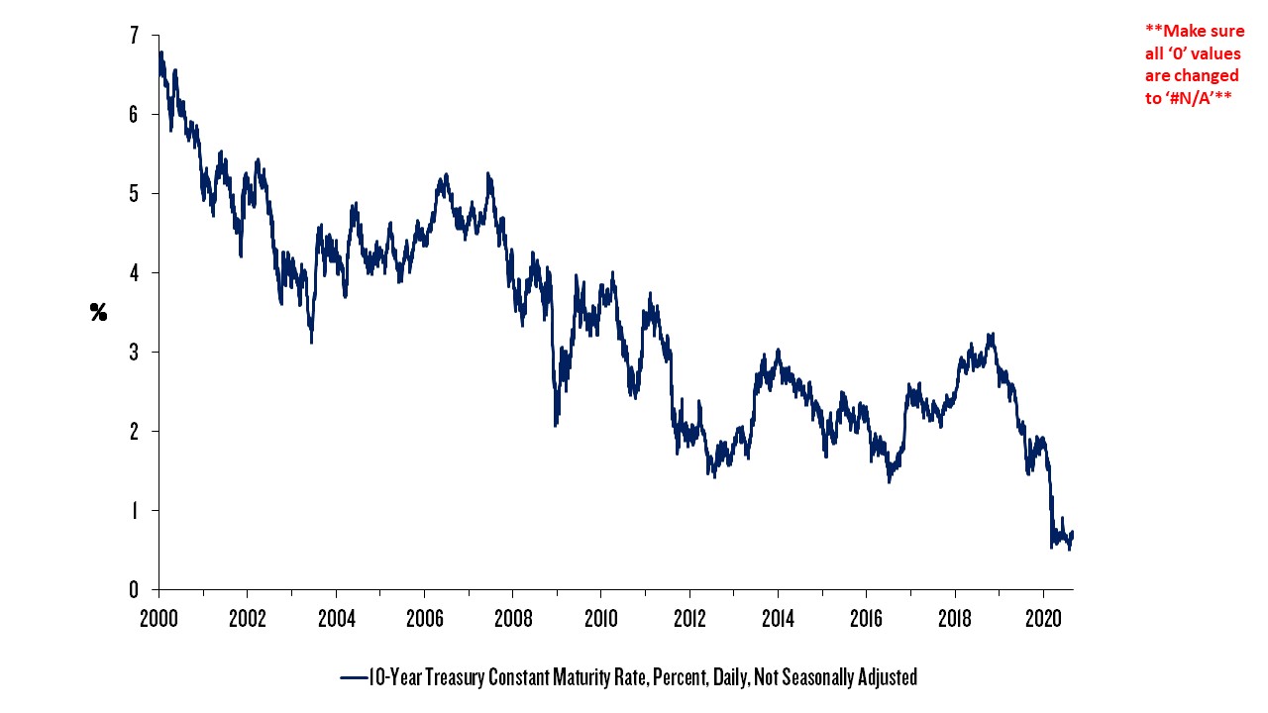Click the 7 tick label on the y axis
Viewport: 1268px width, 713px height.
point(133,36)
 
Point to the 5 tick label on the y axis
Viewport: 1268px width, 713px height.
point(133,194)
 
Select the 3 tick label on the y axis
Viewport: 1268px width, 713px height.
point(133,353)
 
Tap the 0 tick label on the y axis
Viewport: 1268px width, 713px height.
point(133,590)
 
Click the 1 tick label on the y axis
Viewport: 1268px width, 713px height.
point(133,511)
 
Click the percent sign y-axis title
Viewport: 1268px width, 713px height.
point(98,313)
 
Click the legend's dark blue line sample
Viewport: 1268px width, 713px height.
point(353,678)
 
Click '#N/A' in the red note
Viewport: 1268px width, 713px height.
point(1195,97)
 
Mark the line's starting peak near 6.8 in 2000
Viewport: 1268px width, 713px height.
point(160,52)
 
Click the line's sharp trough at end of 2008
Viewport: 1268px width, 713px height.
point(556,425)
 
